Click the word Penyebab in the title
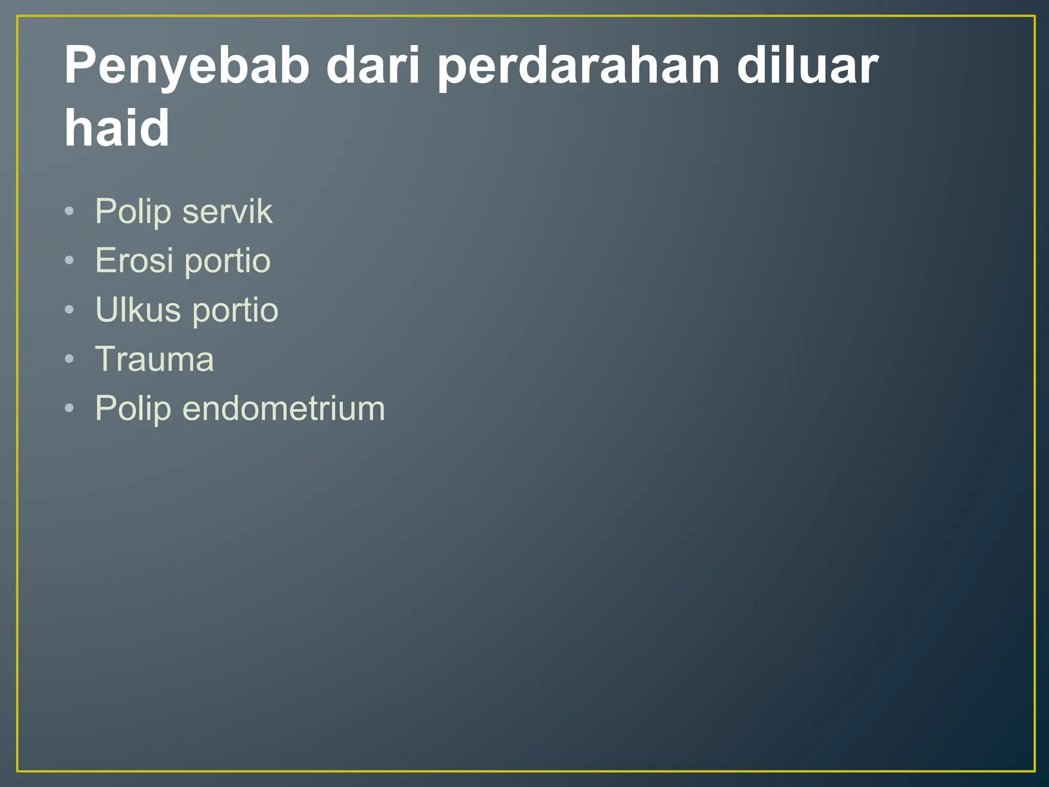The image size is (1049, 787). pyautogui.click(x=187, y=67)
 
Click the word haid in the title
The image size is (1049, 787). pyautogui.click(x=116, y=128)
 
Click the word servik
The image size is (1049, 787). pyautogui.click(x=227, y=212)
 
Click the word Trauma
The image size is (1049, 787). pyautogui.click(x=154, y=359)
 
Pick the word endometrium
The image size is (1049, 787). pyautogui.click(x=283, y=408)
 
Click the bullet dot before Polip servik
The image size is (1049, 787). pyautogui.click(x=70, y=212)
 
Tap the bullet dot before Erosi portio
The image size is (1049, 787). pyautogui.click(x=70, y=261)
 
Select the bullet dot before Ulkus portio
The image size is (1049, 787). pyautogui.click(x=70, y=309)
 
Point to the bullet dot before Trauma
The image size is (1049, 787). pyautogui.click(x=70, y=359)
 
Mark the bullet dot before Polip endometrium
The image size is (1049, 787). pyautogui.click(x=70, y=408)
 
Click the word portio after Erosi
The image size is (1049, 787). pyautogui.click(x=227, y=261)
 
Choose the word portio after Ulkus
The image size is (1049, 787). pyautogui.click(x=235, y=310)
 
